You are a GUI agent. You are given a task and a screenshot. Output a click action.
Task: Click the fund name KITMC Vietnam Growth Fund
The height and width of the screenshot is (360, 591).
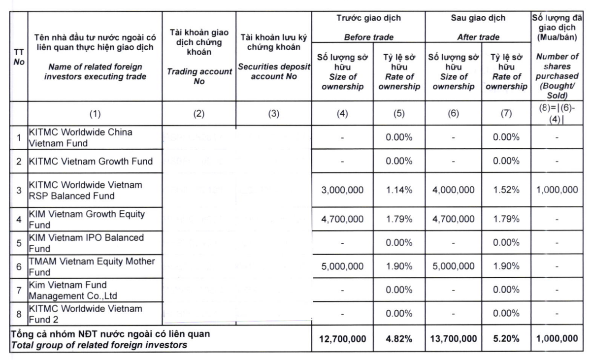click(x=91, y=162)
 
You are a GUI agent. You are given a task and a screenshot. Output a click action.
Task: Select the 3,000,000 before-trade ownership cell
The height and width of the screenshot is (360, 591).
click(x=342, y=190)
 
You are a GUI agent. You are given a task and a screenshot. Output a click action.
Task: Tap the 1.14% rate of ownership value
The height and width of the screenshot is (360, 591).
click(x=399, y=190)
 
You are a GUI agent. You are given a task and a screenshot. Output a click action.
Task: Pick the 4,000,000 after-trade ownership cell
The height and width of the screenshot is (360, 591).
click(x=453, y=190)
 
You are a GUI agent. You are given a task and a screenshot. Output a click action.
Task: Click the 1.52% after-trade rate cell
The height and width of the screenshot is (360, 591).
click(x=506, y=190)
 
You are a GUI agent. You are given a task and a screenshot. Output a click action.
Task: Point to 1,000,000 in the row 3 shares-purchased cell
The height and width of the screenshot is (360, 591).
click(x=557, y=190)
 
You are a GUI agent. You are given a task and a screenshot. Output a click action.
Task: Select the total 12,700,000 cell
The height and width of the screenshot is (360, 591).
click(x=342, y=339)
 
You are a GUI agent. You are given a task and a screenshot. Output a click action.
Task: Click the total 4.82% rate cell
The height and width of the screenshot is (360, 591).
click(x=399, y=339)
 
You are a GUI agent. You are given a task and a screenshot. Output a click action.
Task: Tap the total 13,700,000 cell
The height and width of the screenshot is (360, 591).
click(x=453, y=339)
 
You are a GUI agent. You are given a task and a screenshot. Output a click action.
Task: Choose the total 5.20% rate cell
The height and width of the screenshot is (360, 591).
click(x=506, y=339)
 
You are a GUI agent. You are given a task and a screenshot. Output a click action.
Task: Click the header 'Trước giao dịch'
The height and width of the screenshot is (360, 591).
click(x=369, y=18)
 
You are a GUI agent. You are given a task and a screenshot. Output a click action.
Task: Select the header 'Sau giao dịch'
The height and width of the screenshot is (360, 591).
click(x=478, y=18)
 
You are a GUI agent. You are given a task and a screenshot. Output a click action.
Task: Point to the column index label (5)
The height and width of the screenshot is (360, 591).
click(x=399, y=114)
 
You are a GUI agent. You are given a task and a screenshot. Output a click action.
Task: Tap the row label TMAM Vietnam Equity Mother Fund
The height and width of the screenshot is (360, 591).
click(x=92, y=266)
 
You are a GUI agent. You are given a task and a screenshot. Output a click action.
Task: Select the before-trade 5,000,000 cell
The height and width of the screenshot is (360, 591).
click(x=342, y=266)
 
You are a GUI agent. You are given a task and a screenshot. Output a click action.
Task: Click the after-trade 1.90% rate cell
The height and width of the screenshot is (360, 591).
click(x=506, y=266)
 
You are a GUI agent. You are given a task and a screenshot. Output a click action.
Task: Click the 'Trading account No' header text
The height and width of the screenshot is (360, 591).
click(x=199, y=76)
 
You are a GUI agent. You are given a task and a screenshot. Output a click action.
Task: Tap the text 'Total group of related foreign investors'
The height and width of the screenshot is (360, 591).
click(x=99, y=345)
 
